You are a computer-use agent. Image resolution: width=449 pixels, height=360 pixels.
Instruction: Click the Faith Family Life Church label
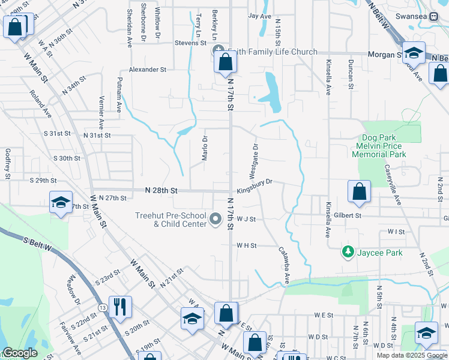click(271, 52)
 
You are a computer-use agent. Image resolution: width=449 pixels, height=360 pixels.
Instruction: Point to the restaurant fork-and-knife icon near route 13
click(119, 307)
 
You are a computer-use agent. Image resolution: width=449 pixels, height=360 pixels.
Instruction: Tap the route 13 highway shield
click(103, 308)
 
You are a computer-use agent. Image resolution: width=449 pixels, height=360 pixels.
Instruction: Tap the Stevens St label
click(190, 43)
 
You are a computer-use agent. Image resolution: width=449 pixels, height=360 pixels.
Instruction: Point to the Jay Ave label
click(260, 16)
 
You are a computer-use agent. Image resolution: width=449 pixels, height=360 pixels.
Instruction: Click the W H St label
click(246, 245)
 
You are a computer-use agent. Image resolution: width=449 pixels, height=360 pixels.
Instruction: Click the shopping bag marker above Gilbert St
click(358, 191)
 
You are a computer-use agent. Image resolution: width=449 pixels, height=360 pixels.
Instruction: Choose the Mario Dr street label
click(205, 145)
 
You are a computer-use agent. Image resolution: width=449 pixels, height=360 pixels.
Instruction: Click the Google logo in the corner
click(20, 353)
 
